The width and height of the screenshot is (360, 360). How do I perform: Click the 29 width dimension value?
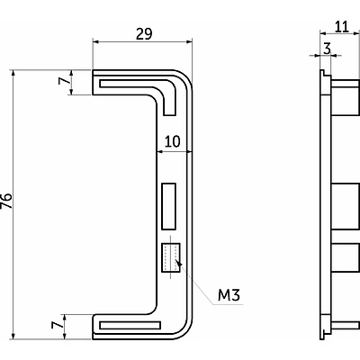tap(144, 34)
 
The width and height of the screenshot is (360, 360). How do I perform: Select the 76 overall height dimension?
tap(6, 201)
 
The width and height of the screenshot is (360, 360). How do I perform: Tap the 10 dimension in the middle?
tap(173, 141)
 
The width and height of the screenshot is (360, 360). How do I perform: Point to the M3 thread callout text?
tap(229, 295)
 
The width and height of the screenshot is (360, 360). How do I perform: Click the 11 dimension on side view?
tap(342, 27)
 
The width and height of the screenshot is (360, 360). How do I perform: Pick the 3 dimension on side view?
tap(327, 49)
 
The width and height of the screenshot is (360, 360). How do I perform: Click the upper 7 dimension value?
tap(63, 81)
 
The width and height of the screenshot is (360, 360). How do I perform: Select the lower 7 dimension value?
tap(57, 325)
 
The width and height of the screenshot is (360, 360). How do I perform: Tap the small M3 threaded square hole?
tap(171, 257)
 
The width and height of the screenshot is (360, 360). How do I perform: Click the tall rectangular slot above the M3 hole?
tap(168, 206)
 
